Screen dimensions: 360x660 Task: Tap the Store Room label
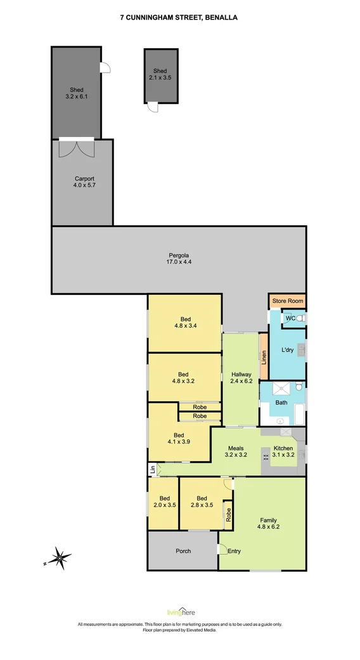coord(288,301)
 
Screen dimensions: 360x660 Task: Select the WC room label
coord(290,318)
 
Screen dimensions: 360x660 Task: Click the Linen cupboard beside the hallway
coord(264,356)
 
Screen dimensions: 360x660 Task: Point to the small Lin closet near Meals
coord(153,469)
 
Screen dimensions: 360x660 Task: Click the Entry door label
coord(234,551)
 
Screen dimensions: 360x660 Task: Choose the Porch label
coord(183,551)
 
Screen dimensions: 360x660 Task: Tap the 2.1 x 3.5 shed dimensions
coord(160,77)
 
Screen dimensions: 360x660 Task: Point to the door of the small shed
coord(153,107)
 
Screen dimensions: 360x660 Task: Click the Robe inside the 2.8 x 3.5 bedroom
coord(228,515)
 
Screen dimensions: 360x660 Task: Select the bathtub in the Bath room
coord(299,415)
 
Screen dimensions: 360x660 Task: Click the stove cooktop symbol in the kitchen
coord(266,457)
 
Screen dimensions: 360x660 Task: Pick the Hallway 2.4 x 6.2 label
coord(241,378)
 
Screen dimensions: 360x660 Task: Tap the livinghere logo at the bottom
coord(181,612)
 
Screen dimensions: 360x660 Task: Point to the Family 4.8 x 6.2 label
coord(268,523)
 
